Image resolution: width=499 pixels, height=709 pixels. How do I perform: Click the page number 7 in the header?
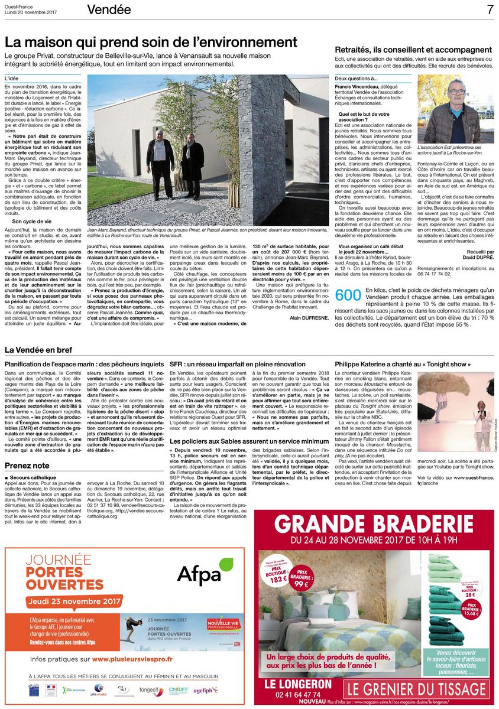coord(490,9)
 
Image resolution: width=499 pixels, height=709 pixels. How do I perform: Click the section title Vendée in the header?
coord(109,9)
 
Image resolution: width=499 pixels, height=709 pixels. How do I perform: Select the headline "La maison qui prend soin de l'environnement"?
coord(151,43)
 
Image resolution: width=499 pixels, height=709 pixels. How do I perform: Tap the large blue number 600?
coord(348,297)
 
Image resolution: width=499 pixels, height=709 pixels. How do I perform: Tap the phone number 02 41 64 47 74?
coord(294,695)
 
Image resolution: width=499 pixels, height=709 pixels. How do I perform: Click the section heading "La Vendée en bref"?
coord(38,350)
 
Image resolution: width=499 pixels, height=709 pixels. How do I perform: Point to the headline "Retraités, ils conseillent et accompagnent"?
coord(413,50)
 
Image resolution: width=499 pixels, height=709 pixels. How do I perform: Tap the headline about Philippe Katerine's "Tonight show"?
coord(403,365)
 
